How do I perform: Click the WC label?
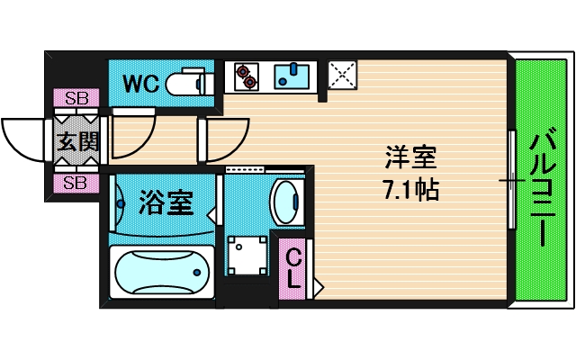tap(140, 84)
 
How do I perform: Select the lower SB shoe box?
tap(76, 184)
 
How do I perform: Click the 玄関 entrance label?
tap(76, 141)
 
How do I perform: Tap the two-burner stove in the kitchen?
tap(246, 76)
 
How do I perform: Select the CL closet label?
tap(293, 267)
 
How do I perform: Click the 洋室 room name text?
tap(410, 159)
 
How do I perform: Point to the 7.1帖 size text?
tap(410, 191)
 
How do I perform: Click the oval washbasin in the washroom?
tap(287, 202)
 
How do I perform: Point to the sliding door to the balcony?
tap(512, 181)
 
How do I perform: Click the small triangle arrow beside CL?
tap(318, 288)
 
